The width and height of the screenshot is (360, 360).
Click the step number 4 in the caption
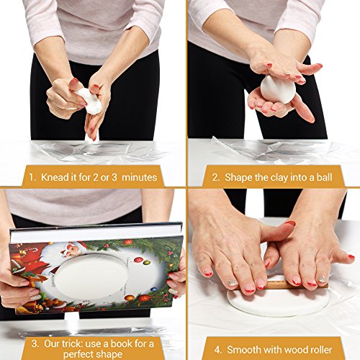(x=218, y=350)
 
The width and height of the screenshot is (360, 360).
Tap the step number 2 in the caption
(x=216, y=178)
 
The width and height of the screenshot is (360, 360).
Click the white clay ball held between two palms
(x=278, y=90)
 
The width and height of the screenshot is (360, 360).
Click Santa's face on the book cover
(x=71, y=250)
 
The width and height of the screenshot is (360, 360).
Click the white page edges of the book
(x=96, y=234)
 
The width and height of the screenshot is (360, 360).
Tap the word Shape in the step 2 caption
(x=238, y=178)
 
